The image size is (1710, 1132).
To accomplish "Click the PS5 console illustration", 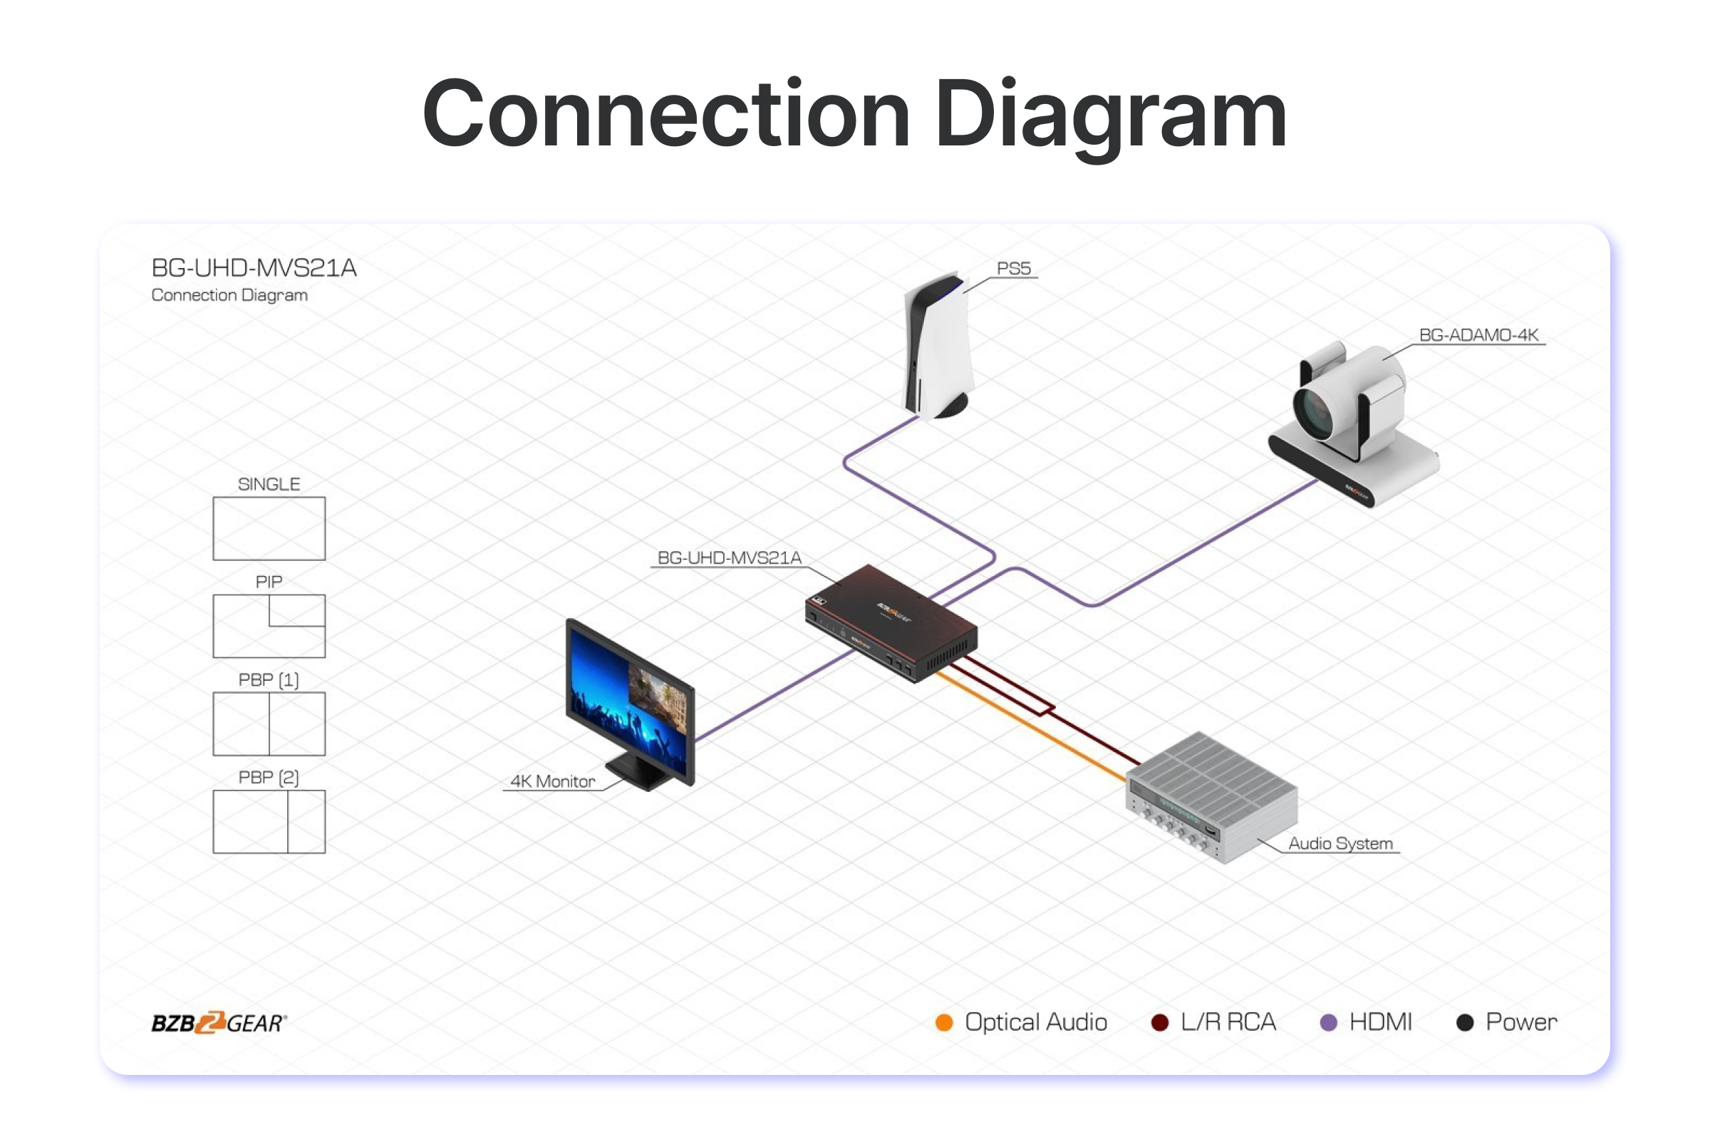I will click(938, 346).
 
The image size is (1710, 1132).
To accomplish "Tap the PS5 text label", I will click(1014, 269).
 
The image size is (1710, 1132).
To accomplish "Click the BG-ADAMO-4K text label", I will click(1478, 335).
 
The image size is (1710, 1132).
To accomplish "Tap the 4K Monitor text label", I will click(553, 781).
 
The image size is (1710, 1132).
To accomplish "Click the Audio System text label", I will click(1340, 843).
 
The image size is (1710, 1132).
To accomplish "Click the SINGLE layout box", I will click(269, 528).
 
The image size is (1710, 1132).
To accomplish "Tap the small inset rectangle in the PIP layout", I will click(297, 610).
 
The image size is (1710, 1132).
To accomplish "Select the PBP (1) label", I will click(269, 680).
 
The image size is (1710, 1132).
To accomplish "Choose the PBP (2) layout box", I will click(269, 822).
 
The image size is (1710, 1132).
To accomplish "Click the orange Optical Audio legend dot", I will click(944, 1022).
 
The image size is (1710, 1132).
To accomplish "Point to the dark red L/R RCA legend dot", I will click(1159, 1022).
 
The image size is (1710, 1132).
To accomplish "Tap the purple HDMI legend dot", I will click(1328, 1022).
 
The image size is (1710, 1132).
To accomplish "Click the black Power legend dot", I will click(1465, 1022).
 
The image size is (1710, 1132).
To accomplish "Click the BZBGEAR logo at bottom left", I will click(219, 1023).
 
